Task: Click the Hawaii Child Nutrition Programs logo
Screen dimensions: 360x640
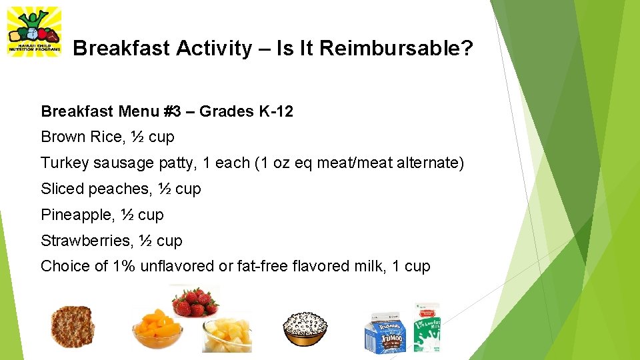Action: (33, 32)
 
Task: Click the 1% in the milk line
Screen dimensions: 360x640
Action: (124, 267)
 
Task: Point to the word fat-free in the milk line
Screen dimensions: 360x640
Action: (263, 267)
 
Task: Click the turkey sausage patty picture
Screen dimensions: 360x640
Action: (73, 327)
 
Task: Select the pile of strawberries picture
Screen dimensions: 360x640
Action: (195, 301)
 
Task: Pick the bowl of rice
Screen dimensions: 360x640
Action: (305, 328)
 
